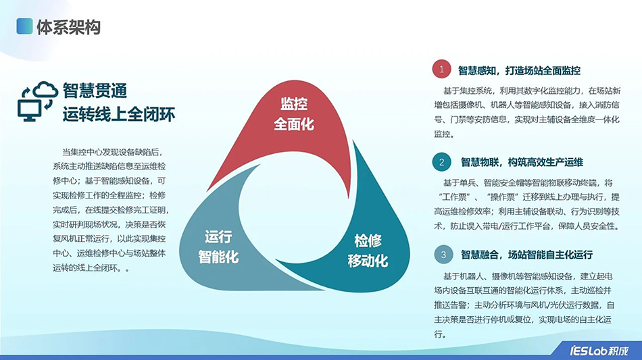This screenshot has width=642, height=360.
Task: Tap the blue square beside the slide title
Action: tap(24, 27)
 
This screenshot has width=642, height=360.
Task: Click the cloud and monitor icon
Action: tap(36, 101)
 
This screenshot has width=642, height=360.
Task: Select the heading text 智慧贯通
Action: tap(95, 91)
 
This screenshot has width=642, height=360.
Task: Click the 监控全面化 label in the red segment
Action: tap(294, 114)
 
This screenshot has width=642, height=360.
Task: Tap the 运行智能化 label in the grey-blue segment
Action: tap(218, 247)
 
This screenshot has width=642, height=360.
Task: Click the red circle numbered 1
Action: tap(441, 70)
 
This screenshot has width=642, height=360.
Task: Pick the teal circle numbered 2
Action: tap(441, 162)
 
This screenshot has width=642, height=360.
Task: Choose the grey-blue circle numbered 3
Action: tap(443, 255)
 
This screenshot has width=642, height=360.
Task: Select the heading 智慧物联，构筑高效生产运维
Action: tap(522, 162)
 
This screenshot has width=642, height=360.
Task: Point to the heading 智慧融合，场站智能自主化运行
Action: tap(526, 255)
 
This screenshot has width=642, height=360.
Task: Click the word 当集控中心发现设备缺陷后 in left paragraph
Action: tap(112, 151)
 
